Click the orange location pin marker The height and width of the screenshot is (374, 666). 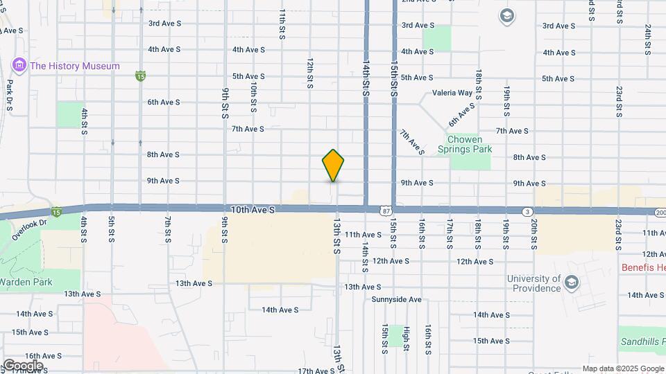coord(333,165)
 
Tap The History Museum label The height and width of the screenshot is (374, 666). coord(75,66)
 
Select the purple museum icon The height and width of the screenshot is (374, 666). coord(19,66)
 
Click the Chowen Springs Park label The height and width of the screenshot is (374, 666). coord(469,144)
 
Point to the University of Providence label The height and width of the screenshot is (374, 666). coord(533,283)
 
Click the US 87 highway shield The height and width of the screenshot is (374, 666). coord(385,210)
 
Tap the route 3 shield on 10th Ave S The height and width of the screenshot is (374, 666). coord(528,211)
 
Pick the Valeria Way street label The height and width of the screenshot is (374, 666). coord(452,92)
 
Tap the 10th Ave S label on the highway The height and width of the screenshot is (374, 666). coord(253,208)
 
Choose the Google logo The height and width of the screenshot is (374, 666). coord(23,365)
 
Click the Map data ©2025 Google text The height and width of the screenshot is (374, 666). coord(623,368)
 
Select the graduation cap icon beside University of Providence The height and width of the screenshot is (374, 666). coord(571,282)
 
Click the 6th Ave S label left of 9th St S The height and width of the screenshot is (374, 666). coord(163,102)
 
